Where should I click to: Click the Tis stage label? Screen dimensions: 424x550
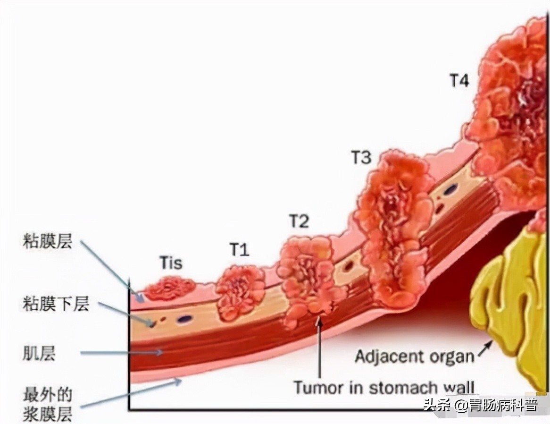pos(170,263)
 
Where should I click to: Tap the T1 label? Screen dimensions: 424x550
pos(239,249)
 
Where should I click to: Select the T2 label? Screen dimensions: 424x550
pos(299,221)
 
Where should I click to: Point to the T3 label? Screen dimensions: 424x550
pos(361,158)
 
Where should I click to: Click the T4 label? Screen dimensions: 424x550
pos(458,81)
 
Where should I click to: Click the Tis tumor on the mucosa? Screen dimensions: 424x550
pos(169,288)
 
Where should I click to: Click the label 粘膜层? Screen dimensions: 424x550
pos(47,242)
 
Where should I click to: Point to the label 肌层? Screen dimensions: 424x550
pos(39,353)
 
